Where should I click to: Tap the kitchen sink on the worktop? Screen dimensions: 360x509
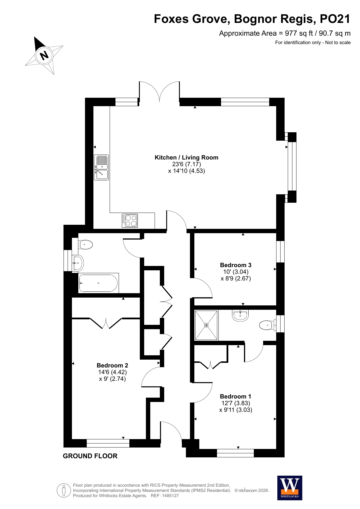click(x=101, y=167)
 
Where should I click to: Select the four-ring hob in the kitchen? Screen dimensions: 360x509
click(x=130, y=220)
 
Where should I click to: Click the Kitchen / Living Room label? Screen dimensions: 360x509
click(x=187, y=157)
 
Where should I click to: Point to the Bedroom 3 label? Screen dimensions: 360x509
click(x=236, y=265)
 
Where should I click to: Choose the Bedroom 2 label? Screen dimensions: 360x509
click(x=112, y=365)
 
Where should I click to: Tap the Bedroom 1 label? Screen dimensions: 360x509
click(x=236, y=396)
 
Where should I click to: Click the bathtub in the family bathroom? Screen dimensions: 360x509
click(x=99, y=283)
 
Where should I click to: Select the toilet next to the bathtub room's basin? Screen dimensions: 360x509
click(x=85, y=245)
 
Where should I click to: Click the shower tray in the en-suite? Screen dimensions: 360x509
click(x=206, y=325)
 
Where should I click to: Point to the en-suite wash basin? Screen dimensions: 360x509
click(x=240, y=315)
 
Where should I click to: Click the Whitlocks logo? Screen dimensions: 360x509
click(x=290, y=488)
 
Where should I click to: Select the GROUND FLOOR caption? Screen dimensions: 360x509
click(x=90, y=456)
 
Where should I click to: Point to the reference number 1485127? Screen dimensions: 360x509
click(x=171, y=496)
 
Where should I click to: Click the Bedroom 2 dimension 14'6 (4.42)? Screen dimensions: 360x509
click(x=113, y=372)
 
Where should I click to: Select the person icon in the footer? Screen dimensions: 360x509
click(x=64, y=490)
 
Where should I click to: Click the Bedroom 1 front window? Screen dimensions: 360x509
click(x=235, y=453)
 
